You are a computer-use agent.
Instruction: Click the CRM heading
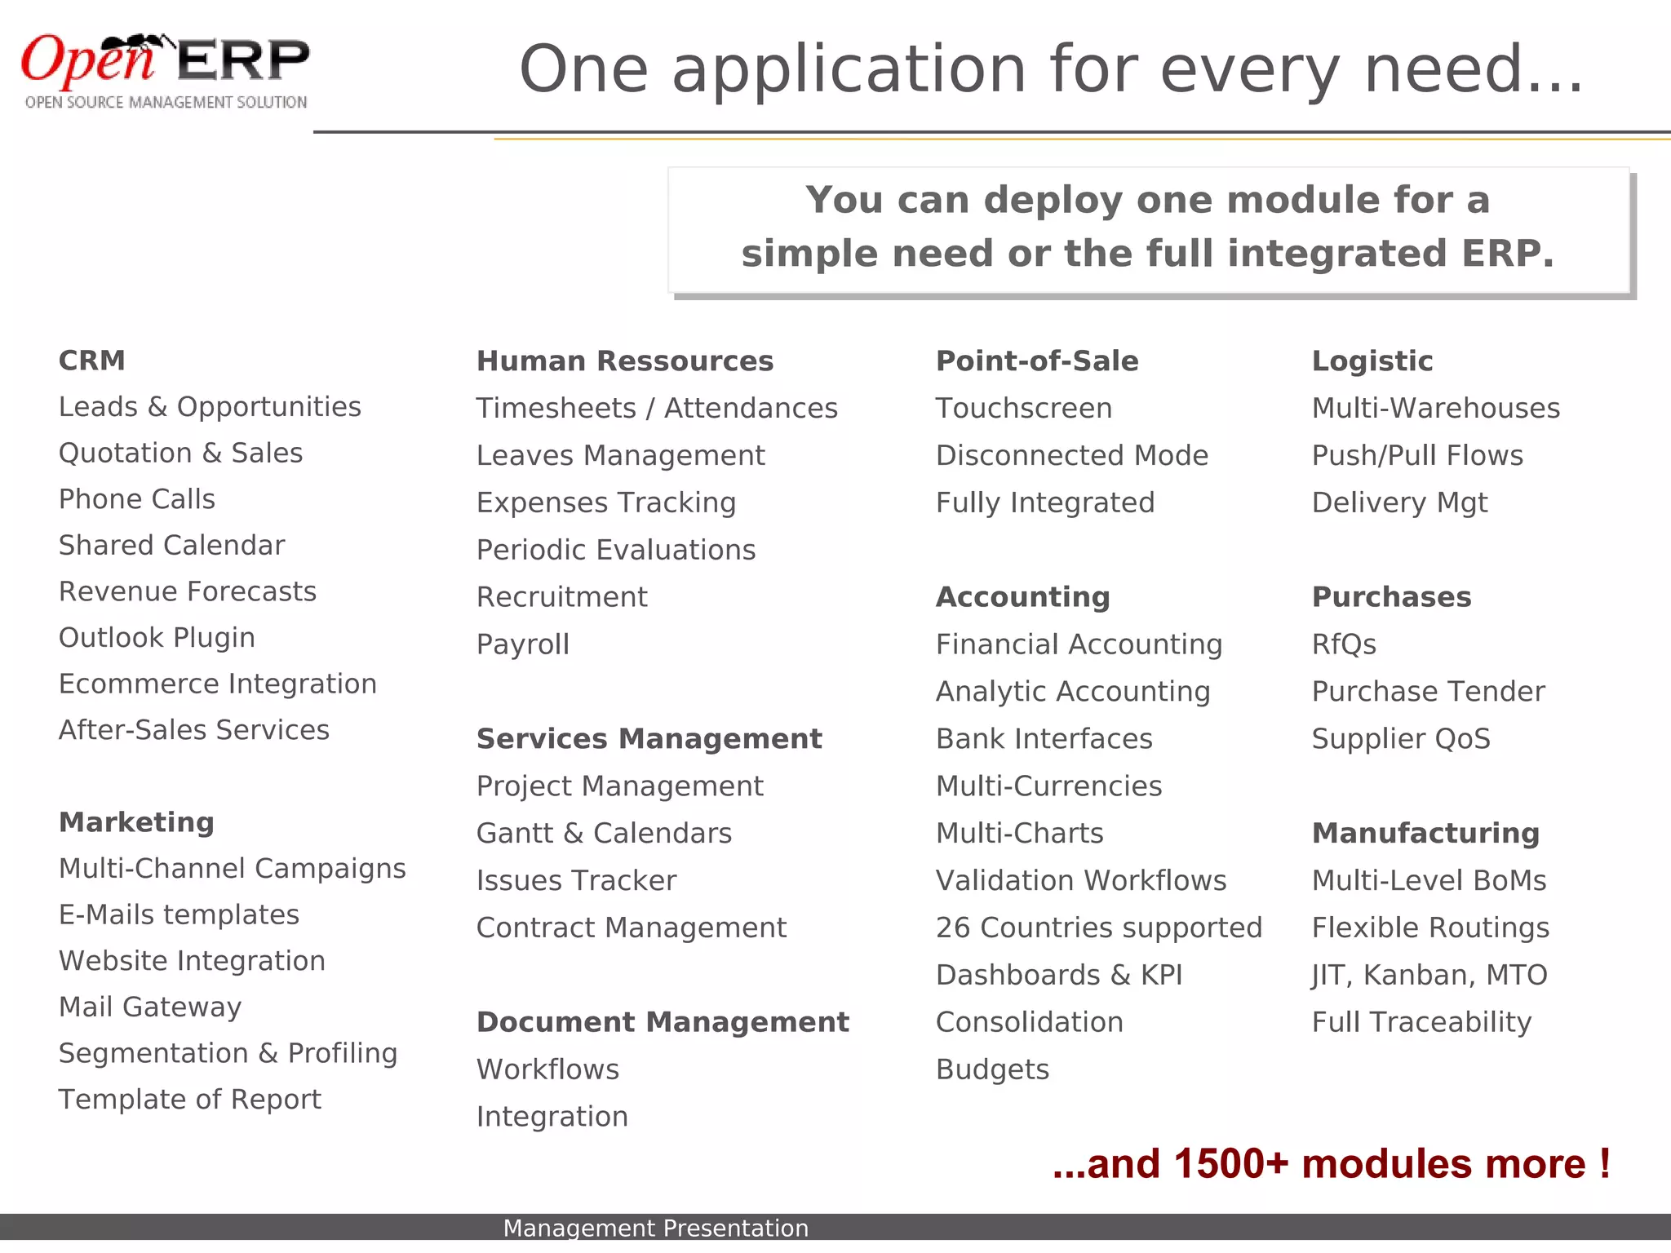92,361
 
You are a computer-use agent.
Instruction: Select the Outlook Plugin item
157,638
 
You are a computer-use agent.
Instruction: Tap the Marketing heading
136,822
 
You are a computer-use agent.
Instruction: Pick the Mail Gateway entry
150,1007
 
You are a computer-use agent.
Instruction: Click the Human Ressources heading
624,361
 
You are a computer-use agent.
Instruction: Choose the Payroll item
523,644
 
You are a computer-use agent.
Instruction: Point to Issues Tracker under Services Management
576,881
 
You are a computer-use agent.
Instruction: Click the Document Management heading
663,1022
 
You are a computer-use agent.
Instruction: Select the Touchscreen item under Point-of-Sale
1023,409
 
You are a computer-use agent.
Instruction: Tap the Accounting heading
1022,597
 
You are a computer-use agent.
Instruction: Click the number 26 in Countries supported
952,928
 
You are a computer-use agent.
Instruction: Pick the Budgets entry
992,1069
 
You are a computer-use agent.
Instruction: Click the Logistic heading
1372,361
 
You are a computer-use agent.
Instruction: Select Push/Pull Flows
1417,456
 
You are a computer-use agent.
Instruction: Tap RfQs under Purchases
1344,644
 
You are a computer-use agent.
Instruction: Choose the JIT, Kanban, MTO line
1429,976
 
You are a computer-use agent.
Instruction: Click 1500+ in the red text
1230,1164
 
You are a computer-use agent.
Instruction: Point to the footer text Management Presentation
655,1228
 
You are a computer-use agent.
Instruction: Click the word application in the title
849,71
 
